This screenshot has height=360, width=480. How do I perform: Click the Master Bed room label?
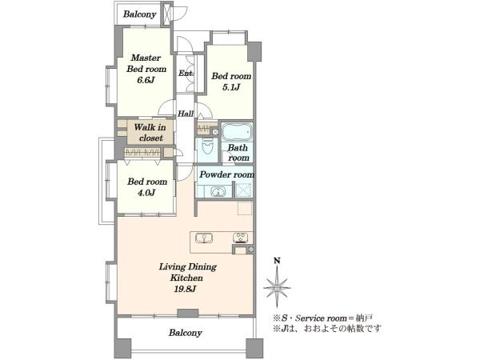[146, 63]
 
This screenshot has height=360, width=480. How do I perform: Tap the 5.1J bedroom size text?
[231, 87]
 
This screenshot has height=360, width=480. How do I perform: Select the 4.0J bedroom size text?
[146, 193]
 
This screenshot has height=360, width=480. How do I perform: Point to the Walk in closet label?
[150, 133]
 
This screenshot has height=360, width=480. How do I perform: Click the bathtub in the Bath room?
[237, 132]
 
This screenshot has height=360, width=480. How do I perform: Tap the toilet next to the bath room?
[208, 146]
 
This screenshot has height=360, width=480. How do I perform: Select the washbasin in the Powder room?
[218, 192]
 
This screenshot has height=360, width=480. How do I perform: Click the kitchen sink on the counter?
[204, 238]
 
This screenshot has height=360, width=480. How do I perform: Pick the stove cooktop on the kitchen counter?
[241, 238]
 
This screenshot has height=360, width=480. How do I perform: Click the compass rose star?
[277, 287]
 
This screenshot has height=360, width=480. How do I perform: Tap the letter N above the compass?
[277, 261]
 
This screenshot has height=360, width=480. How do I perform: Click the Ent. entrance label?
[186, 74]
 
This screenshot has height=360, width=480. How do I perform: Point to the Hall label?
[186, 114]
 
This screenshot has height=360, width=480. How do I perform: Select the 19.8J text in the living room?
[185, 289]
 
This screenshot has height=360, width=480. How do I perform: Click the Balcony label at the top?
[139, 14]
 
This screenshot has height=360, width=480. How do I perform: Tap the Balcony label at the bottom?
[186, 333]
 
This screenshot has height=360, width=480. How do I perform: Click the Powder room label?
[227, 174]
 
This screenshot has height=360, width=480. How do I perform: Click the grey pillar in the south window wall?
[188, 313]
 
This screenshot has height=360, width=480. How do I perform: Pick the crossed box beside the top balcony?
[167, 14]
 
